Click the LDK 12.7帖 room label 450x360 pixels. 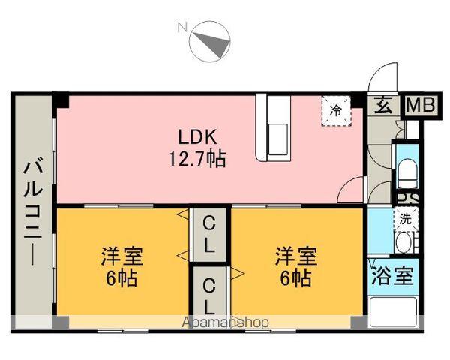tap(196, 147)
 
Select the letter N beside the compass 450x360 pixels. tap(181, 28)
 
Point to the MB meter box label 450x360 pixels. tap(421, 106)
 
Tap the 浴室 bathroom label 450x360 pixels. tap(392, 275)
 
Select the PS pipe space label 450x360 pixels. tap(407, 199)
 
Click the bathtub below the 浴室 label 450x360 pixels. tap(392, 309)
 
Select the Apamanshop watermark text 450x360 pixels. tap(225, 322)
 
